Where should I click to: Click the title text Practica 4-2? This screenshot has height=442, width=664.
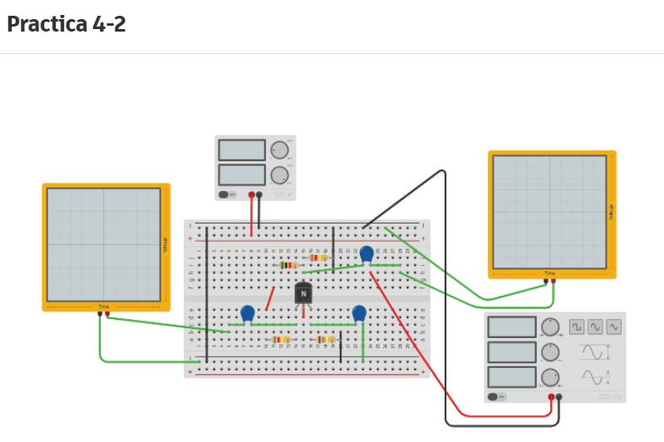pos(66,24)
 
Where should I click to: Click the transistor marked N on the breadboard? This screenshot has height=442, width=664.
pos(303,293)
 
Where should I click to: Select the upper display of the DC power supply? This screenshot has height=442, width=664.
pos(242,150)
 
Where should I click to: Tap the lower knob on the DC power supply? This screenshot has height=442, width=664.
pos(279,175)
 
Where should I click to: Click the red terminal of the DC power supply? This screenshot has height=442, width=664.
pos(252,195)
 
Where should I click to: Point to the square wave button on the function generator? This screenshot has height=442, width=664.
pos(578,327)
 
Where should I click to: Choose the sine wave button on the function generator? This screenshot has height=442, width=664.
pos(596,327)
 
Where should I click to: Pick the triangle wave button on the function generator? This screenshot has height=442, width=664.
pos(614,327)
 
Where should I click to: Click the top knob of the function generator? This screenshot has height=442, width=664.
pos(550,327)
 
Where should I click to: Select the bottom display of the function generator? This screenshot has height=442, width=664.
pos(512,377)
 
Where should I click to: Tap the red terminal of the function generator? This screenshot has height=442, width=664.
pos(551,397)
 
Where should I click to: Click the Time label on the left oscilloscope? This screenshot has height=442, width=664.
pos(104,307)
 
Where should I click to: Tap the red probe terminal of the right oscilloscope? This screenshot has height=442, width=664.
pos(553,281)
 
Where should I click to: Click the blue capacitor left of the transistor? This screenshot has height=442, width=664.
pos(248,314)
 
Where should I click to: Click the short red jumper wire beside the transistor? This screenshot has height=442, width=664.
pos(270,298)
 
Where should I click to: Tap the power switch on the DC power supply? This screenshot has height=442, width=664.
pos(225,195)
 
